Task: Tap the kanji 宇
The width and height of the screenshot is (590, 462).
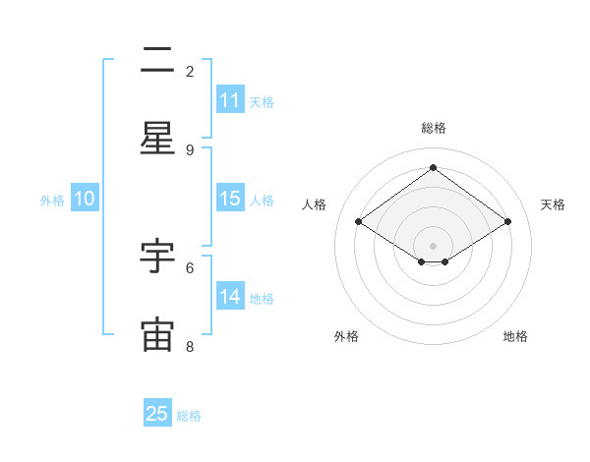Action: (x=157, y=257)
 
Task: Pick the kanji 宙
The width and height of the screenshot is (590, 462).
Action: (x=157, y=334)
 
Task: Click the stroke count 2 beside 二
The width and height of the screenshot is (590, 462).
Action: (x=190, y=71)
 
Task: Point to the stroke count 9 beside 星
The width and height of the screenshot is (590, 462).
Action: (x=190, y=149)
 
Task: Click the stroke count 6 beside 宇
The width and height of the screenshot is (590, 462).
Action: (x=190, y=266)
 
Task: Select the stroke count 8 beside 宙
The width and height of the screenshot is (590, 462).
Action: (x=190, y=345)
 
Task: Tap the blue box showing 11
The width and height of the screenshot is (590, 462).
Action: (x=229, y=100)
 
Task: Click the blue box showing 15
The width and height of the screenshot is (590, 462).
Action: (x=229, y=199)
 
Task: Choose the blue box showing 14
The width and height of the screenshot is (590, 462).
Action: (x=229, y=297)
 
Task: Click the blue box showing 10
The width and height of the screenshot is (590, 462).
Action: (x=85, y=199)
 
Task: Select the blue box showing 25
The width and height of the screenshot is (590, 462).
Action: (x=157, y=414)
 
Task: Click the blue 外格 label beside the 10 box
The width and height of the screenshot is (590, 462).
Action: (x=52, y=200)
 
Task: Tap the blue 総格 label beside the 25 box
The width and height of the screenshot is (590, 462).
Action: (x=189, y=415)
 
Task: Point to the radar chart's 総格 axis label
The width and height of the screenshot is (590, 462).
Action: (x=433, y=128)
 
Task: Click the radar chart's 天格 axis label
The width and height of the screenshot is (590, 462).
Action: (x=553, y=204)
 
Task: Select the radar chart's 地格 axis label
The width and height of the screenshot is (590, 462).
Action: (x=515, y=336)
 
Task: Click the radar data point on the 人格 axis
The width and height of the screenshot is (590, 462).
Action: (x=358, y=222)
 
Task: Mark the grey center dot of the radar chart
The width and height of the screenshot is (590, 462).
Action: (x=433, y=245)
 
